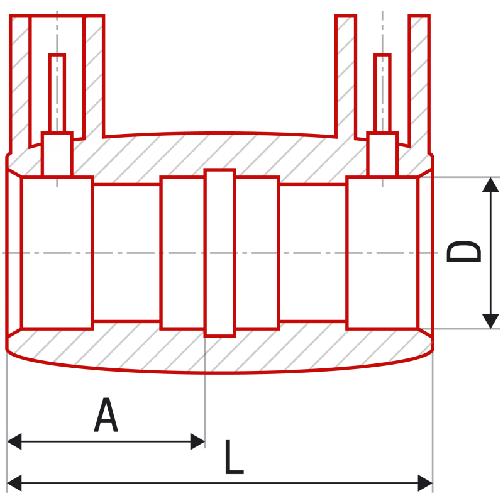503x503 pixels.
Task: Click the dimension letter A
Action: (x=106, y=415)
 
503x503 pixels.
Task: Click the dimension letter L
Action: (x=234, y=457)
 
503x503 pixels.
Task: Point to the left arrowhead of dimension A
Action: (x=14, y=441)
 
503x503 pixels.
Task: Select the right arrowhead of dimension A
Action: (x=197, y=441)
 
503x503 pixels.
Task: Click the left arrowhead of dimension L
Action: (x=14, y=483)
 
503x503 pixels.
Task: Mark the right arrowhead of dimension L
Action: (x=425, y=483)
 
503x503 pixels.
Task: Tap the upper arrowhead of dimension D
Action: (x=490, y=185)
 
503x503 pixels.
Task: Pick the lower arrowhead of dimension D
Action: (x=490, y=321)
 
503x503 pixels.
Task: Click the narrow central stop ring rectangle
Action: (x=219, y=253)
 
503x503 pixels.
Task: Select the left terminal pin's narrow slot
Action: (x=57, y=93)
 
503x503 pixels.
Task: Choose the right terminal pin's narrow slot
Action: (x=382, y=93)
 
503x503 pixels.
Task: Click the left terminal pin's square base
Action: (x=57, y=154)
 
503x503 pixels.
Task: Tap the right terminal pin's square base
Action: (x=382, y=154)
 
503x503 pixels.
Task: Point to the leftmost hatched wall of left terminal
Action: (x=20, y=84)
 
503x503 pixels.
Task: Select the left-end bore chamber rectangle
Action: (x=57, y=253)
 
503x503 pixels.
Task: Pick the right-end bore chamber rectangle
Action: (x=383, y=253)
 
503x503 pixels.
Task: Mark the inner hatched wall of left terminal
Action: (x=94, y=77)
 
